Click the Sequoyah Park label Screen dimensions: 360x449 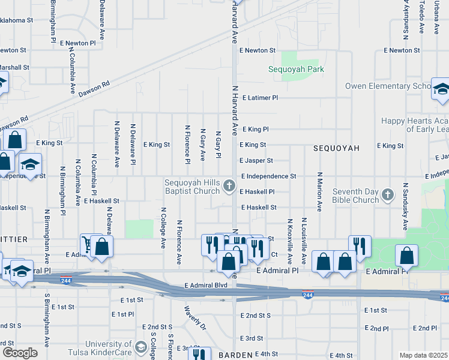click(296, 69)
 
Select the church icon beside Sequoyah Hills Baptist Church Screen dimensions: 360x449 click(229, 186)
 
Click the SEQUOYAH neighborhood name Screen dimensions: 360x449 click(336, 148)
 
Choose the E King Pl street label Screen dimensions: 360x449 click(255, 129)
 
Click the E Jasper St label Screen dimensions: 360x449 click(256, 161)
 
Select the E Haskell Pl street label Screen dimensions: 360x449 click(257, 192)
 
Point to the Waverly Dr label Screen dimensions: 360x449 click(195, 318)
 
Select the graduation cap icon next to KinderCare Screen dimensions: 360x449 click(140, 347)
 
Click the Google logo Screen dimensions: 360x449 click(20, 352)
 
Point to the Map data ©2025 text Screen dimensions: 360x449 click(423, 355)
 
